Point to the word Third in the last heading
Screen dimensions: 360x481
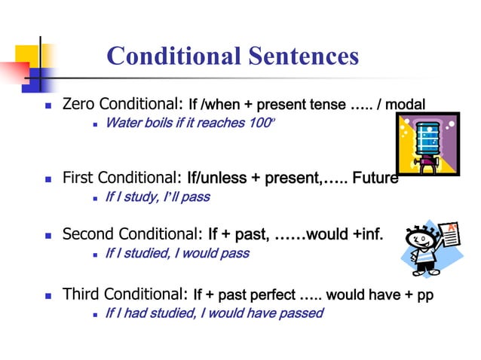[81, 294]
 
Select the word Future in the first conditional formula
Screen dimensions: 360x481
[375, 178]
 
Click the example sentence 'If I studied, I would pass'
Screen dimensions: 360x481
[176, 254]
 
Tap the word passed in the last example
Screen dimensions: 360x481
[301, 313]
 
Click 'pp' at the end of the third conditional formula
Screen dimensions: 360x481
[425, 294]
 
